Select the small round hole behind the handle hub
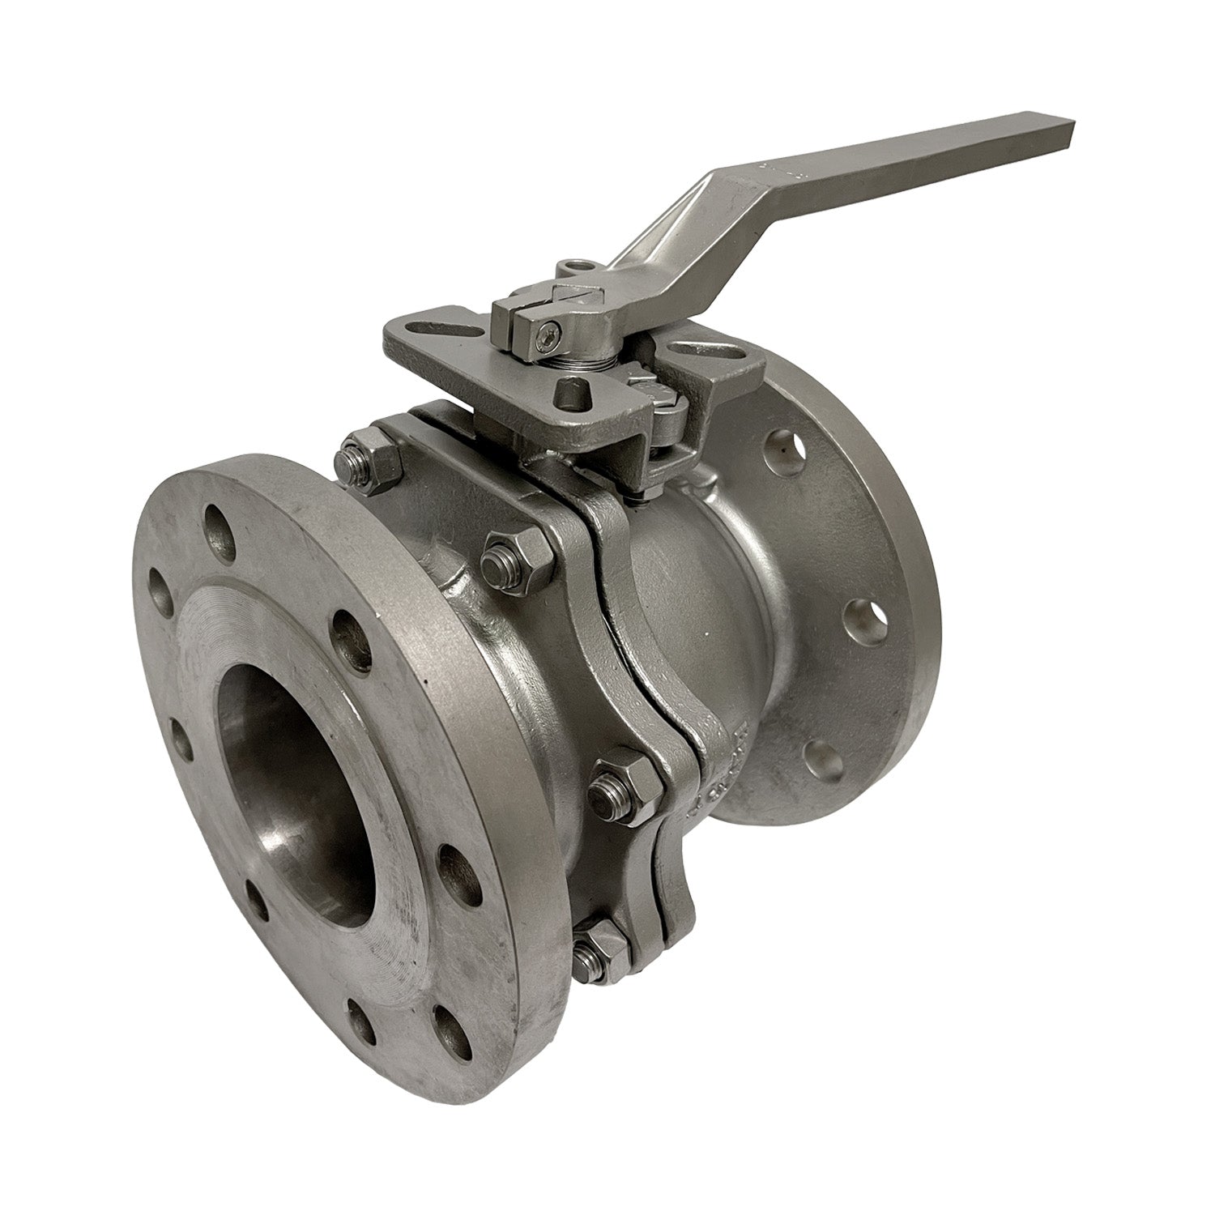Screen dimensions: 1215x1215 tap(576, 265)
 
